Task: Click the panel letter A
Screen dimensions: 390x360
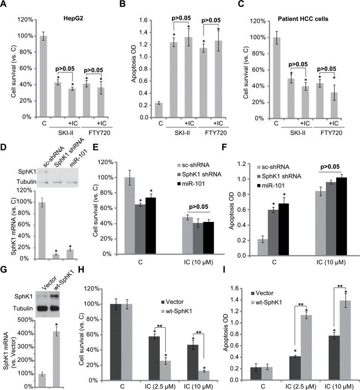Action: point(4,5)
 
